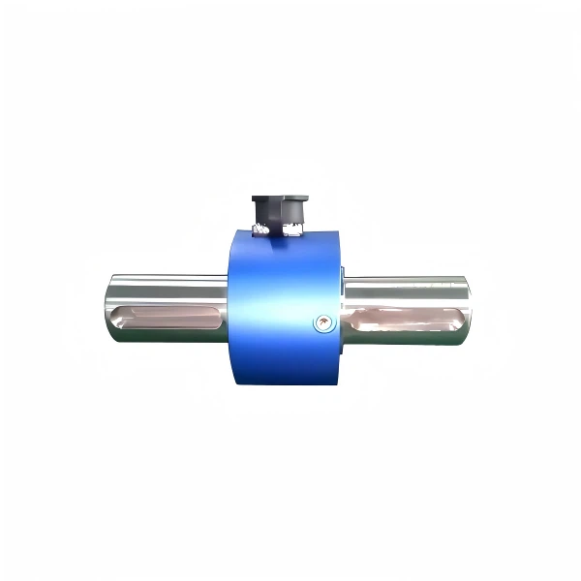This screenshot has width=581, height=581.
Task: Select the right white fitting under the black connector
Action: click(x=294, y=229)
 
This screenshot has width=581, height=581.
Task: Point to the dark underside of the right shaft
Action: click(x=407, y=339)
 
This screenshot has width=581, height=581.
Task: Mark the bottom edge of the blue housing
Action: click(x=286, y=383)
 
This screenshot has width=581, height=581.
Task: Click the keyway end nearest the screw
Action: click(x=351, y=318)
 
